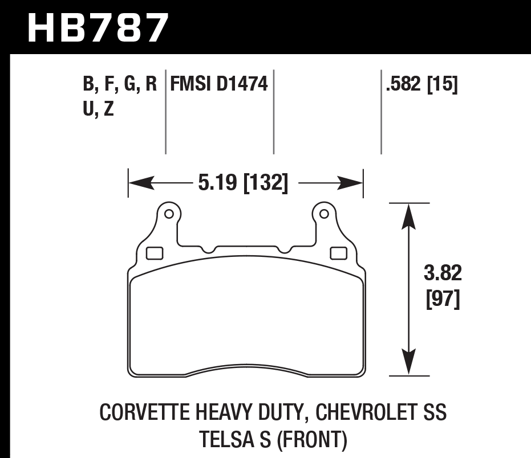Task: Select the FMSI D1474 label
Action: click(219, 85)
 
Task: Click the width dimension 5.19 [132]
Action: click(243, 183)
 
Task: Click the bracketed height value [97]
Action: click(443, 298)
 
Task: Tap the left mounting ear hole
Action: click(169, 214)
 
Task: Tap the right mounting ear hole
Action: click(324, 214)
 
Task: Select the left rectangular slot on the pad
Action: click(155, 252)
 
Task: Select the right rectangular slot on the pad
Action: click(339, 252)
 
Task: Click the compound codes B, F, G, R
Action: click(120, 85)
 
